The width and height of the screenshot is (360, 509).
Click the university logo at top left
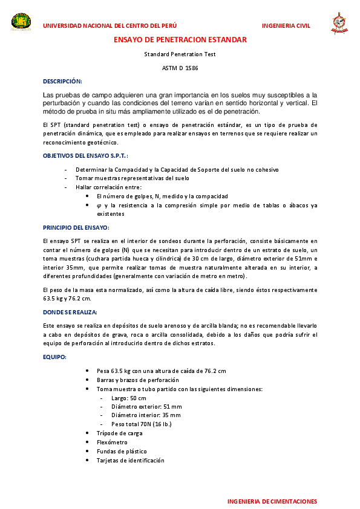click(22, 22)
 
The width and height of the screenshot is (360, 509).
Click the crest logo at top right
click(339, 24)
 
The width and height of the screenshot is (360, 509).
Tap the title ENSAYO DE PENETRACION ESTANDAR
click(180, 40)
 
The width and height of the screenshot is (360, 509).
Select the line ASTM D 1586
click(180, 68)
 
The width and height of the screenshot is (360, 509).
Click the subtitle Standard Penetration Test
click(180, 54)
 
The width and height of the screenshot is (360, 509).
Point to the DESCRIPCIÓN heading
click(62, 81)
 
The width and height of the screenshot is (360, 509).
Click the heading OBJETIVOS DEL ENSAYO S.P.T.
click(85, 156)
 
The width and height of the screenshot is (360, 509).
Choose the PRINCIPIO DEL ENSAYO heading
click(76, 227)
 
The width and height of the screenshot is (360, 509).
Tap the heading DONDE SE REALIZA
click(70, 313)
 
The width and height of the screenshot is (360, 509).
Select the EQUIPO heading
click(54, 357)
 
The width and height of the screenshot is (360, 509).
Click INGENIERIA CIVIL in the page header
click(286, 26)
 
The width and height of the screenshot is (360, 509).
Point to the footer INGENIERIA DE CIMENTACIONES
click(272, 502)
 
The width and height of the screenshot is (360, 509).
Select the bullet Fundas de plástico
click(122, 452)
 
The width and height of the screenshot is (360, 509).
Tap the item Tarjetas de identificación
click(130, 461)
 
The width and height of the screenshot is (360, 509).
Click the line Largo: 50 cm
click(129, 398)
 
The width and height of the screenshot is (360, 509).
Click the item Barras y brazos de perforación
click(137, 380)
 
